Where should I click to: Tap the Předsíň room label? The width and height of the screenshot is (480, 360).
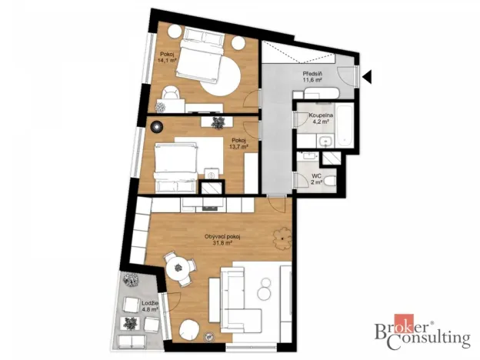tap(312, 75)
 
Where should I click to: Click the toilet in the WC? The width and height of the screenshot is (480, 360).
tap(328, 181)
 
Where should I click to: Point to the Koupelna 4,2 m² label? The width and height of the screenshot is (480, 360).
tap(320, 118)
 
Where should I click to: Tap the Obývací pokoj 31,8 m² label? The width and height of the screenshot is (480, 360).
tap(223, 239)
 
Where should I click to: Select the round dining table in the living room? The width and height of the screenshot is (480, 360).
tap(178, 268)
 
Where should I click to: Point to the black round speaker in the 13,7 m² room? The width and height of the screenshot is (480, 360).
tap(157, 126)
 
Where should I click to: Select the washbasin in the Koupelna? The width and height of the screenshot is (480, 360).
tap(326, 142)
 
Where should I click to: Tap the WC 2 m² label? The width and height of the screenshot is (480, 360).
tap(315, 178)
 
